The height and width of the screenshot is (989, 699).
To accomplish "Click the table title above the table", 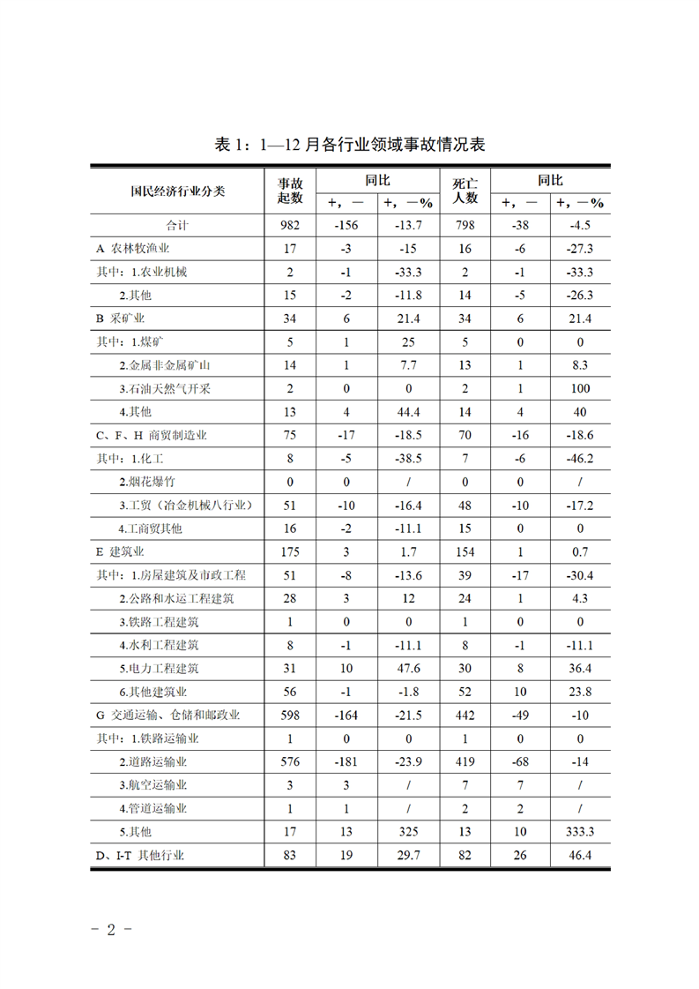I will (x=350, y=145).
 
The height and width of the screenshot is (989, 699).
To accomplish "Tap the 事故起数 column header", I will (x=290, y=191).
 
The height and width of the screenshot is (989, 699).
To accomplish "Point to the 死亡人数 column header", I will (x=465, y=191).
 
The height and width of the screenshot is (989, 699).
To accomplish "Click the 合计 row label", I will (x=178, y=225).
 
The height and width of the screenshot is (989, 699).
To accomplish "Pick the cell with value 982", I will (x=290, y=225).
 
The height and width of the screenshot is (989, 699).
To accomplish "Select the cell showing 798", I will (x=465, y=225).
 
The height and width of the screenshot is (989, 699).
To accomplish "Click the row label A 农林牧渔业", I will (x=132, y=249).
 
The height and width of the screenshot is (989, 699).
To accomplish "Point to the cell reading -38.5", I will (x=409, y=459).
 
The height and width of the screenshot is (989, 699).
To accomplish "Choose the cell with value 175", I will (x=290, y=552).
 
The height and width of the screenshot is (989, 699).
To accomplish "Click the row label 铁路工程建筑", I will (x=159, y=622).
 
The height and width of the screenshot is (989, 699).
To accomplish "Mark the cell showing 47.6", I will (x=409, y=669).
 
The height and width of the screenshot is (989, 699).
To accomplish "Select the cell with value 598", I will (x=290, y=716).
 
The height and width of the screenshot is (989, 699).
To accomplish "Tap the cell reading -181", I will (x=346, y=761).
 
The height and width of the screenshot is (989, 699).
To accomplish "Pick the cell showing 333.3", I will (x=580, y=831).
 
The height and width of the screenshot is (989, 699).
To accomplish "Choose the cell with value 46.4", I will (x=580, y=855).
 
